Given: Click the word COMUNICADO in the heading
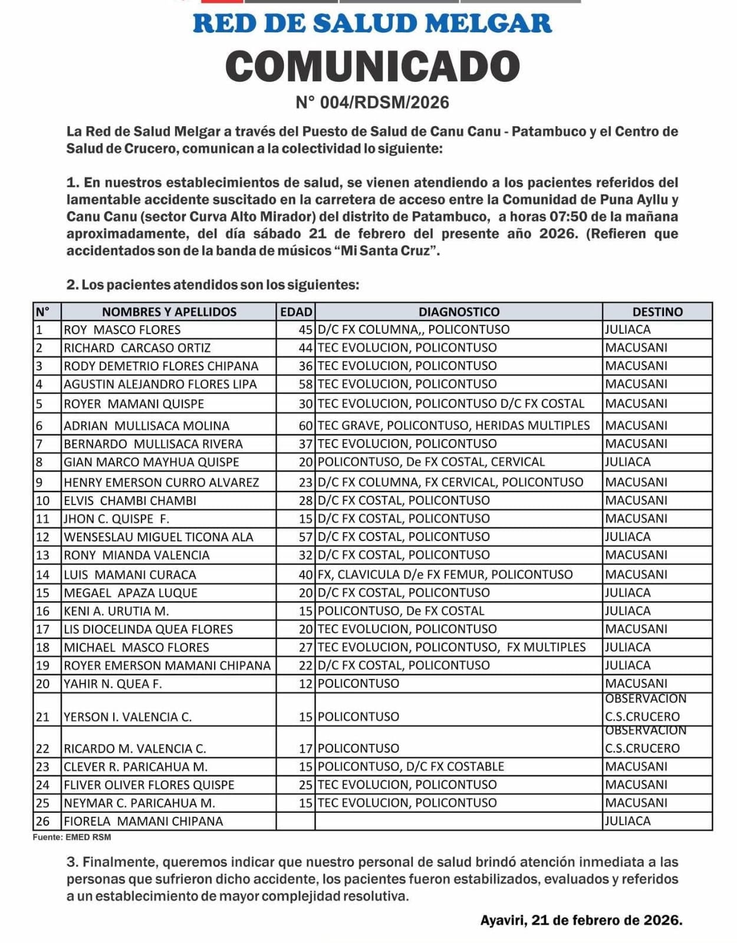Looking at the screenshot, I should (x=372, y=66).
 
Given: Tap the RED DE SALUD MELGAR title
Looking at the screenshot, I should (x=372, y=24).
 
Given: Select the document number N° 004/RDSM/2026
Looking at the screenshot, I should (x=372, y=103).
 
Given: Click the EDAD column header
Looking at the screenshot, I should (x=296, y=312).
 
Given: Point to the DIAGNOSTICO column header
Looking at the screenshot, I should (x=459, y=312).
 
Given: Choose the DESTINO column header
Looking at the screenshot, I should (x=657, y=312).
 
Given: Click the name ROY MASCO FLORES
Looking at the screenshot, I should (x=123, y=329).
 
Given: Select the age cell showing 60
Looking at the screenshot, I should (x=305, y=426).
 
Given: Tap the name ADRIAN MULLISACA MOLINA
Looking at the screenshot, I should (x=147, y=426).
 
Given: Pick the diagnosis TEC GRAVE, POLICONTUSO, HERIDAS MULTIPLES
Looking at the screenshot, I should (x=453, y=426).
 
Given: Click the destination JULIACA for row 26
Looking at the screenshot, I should (x=628, y=821).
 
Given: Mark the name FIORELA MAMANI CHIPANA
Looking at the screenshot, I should (x=143, y=821).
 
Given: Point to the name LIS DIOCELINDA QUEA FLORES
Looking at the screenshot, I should (x=149, y=629).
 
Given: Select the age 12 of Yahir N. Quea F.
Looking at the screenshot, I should (x=305, y=684).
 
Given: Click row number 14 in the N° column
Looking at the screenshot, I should (x=42, y=575).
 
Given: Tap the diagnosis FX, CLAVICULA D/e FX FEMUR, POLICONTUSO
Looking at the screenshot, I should (x=445, y=575).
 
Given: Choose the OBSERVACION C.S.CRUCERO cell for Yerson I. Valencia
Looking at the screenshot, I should (x=646, y=708).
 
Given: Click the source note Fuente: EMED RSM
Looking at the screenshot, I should (x=72, y=837).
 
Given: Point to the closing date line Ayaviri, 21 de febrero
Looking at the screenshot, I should (x=581, y=920).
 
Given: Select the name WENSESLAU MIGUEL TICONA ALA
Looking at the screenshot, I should (x=159, y=537).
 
